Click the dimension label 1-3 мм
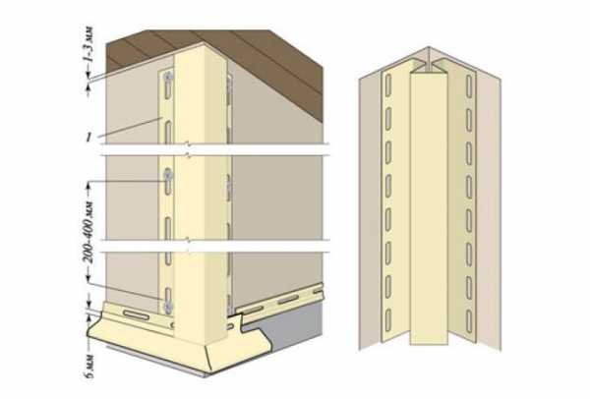click(88, 45)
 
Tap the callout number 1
click(88, 138)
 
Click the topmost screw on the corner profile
click(168, 77)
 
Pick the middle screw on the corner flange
click(168, 175)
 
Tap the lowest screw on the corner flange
click(168, 308)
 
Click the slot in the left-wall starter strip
click(136, 314)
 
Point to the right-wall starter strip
click(278, 301)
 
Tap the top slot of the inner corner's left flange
click(388, 85)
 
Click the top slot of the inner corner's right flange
click(469, 85)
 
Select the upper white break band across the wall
click(214, 149)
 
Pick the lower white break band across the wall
click(214, 246)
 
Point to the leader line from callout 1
click(130, 128)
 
